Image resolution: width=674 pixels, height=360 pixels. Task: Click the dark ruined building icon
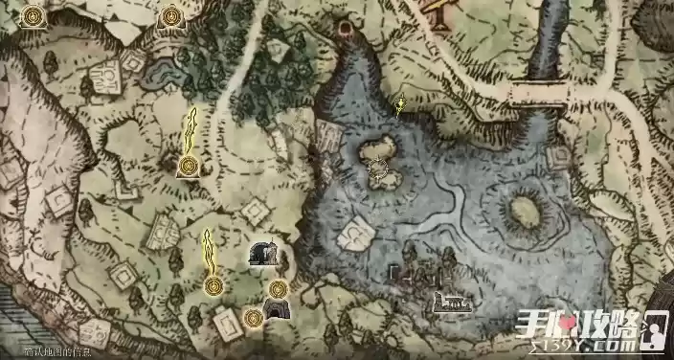point(263,253)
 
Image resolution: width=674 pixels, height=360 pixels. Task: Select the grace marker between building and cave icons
point(279,287)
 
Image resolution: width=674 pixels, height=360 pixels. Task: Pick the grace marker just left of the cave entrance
point(253,317)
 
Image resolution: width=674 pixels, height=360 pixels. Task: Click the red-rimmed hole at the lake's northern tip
point(346,29)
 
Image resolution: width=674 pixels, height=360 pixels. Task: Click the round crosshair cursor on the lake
point(378,171)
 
